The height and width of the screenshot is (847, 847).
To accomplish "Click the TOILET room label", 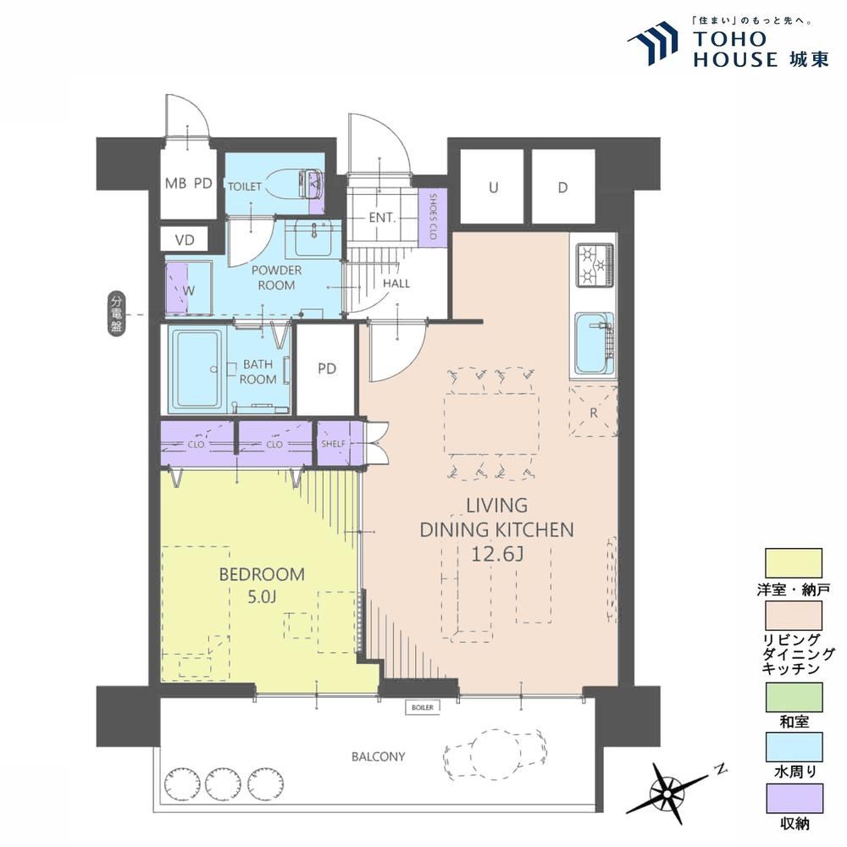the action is pyautogui.click(x=245, y=186).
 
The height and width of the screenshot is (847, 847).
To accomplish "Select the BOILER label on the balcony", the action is pyautogui.click(x=423, y=707).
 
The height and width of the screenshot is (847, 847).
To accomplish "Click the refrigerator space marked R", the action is pyautogui.click(x=593, y=411).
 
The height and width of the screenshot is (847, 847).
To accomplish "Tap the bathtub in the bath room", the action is pyautogui.click(x=197, y=369).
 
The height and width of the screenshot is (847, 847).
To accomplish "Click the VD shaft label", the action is pyautogui.click(x=185, y=240).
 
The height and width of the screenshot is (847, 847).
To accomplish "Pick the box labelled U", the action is pyautogui.click(x=492, y=187).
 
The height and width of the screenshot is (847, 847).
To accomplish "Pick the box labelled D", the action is pyautogui.click(x=563, y=187).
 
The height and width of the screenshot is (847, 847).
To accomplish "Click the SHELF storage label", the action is pyautogui.click(x=333, y=444).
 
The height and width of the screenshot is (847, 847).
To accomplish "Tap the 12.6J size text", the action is pyautogui.click(x=497, y=554).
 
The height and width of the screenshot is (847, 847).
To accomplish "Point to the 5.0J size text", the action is pyautogui.click(x=262, y=596).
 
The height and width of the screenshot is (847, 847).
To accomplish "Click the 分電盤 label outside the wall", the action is pyautogui.click(x=116, y=313).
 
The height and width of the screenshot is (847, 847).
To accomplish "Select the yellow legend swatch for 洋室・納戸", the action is pyautogui.click(x=794, y=563).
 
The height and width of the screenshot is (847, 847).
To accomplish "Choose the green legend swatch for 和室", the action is pyautogui.click(x=794, y=697).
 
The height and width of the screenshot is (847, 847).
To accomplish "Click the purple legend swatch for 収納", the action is pyautogui.click(x=794, y=799).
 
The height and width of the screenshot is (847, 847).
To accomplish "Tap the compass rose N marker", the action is pyautogui.click(x=718, y=769).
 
